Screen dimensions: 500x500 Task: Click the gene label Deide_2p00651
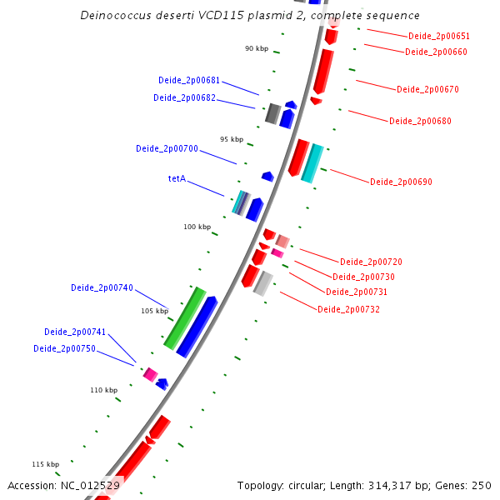[x=439, y=37]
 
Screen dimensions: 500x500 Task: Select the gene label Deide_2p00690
[x=401, y=182]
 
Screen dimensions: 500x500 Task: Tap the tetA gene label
[x=177, y=178]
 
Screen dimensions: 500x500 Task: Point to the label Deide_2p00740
[x=102, y=287]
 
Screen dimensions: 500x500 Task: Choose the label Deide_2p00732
[x=348, y=309]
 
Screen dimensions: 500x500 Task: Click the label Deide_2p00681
[x=189, y=81]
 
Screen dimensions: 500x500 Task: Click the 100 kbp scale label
[x=197, y=227]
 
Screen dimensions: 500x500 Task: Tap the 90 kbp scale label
[x=257, y=49]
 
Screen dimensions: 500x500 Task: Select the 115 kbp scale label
[x=45, y=464]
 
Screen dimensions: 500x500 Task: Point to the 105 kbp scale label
[x=154, y=311]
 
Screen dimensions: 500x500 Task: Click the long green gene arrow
[x=185, y=317]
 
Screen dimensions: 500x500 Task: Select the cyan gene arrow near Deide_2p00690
[x=312, y=163]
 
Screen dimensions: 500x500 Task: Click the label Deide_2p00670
[x=427, y=89]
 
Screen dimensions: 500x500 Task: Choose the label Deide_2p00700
[x=167, y=148]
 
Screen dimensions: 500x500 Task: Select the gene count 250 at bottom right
[x=481, y=485]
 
